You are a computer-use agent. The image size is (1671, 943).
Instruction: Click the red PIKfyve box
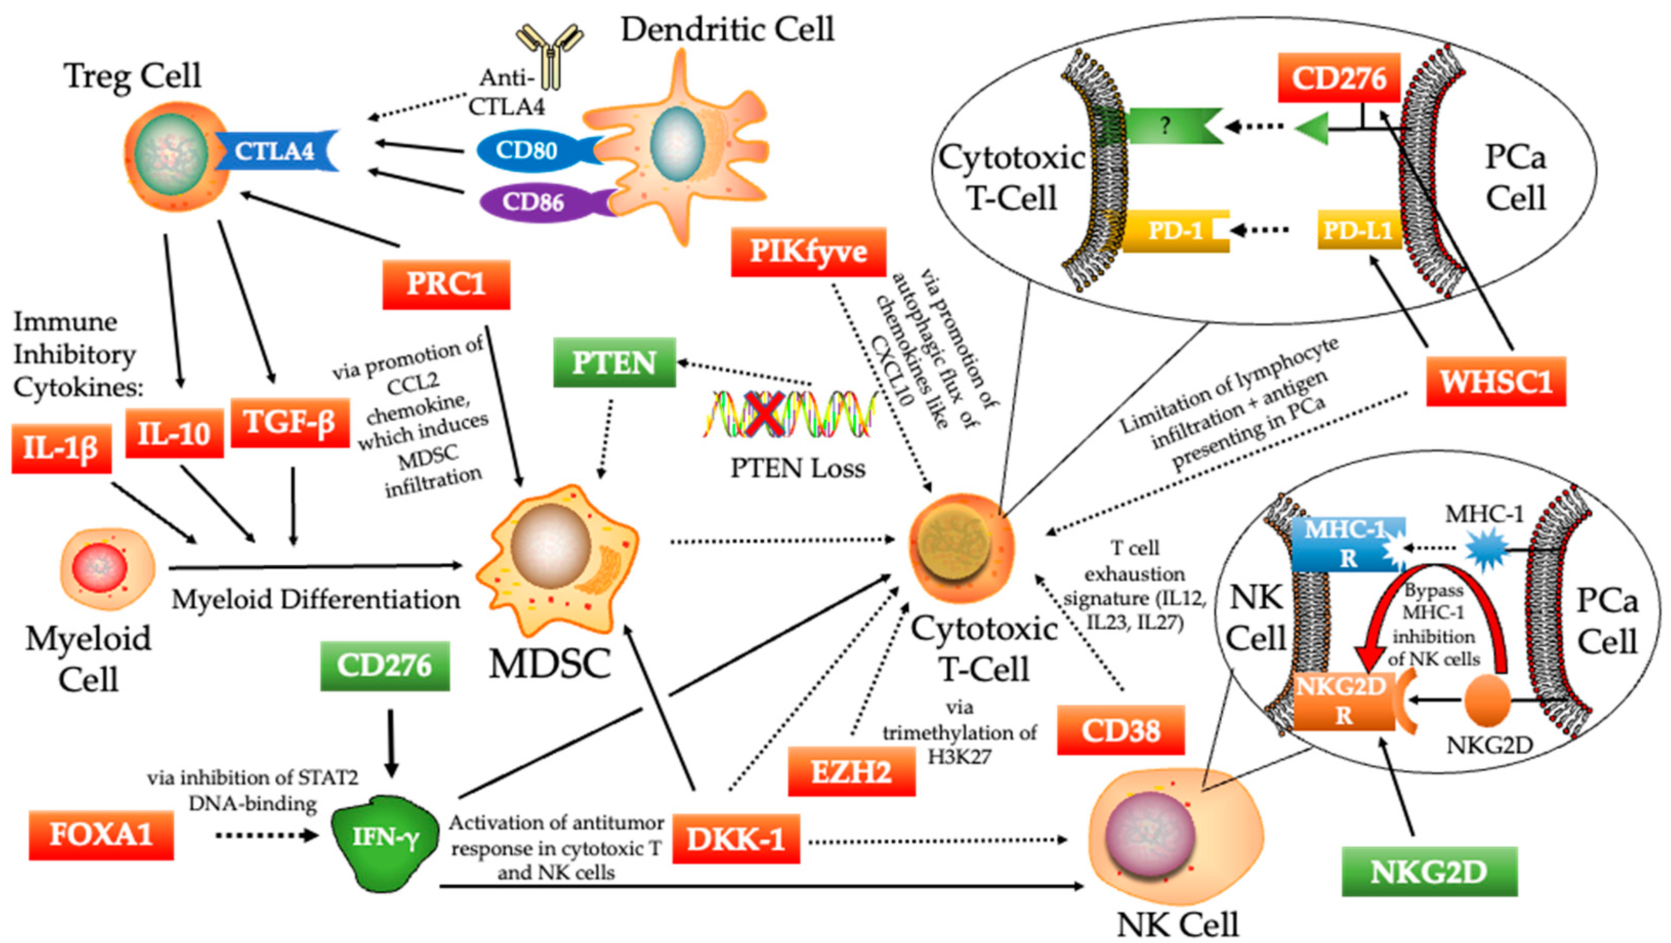click(808, 252)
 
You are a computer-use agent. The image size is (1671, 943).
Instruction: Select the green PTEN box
click(614, 362)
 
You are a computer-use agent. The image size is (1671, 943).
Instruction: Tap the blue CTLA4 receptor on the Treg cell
click(276, 151)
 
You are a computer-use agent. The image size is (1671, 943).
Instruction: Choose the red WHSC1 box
click(1495, 382)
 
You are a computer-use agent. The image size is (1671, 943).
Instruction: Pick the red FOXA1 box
click(101, 835)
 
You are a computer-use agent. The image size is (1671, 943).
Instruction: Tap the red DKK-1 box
click(736, 839)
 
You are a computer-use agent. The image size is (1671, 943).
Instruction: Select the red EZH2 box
click(851, 772)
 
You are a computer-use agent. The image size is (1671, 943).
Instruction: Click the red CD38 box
click(1120, 731)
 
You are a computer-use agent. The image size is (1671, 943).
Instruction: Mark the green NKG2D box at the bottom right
click(1429, 872)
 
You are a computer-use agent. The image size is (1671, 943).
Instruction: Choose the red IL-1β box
click(61, 448)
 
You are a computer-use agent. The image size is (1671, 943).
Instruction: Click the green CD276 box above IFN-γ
click(385, 666)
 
